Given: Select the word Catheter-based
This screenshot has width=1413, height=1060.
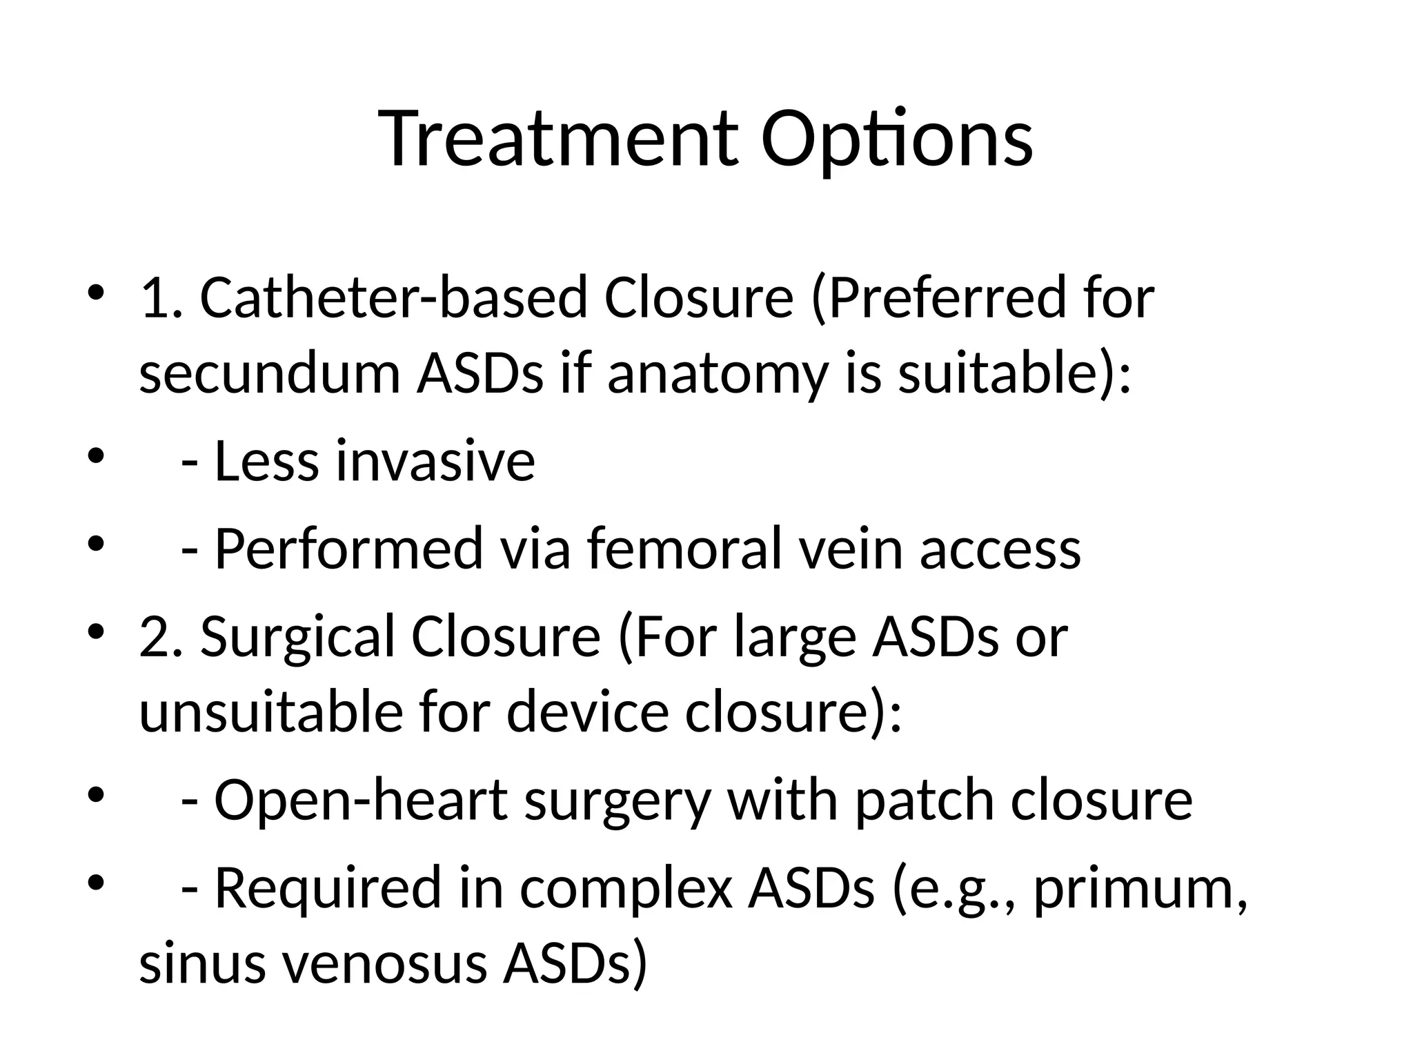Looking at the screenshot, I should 393,297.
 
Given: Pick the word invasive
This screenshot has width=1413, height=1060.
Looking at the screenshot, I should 435,461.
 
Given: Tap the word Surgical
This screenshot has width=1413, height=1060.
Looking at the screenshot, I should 297,637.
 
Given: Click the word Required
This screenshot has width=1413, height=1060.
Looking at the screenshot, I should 328,889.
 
